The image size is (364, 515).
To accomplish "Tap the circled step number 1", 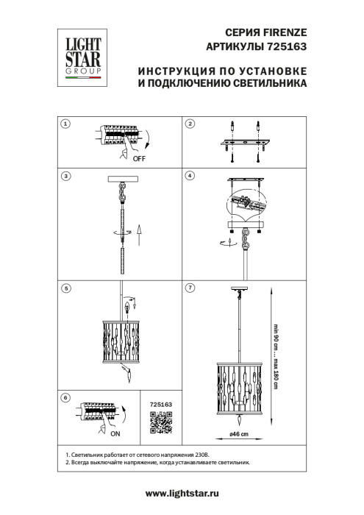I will (x=66, y=124).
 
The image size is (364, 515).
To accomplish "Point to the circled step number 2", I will (x=190, y=124).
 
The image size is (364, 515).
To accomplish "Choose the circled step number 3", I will (x=66, y=177).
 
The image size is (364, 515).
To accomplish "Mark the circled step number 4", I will (x=190, y=177).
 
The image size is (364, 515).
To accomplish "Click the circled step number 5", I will (x=66, y=288).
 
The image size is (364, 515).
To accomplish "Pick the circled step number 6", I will (x=66, y=398).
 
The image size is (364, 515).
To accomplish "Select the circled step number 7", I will (x=190, y=288).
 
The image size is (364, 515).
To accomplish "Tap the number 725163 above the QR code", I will (x=160, y=403).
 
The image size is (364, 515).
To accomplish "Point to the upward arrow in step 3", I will (x=138, y=235).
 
